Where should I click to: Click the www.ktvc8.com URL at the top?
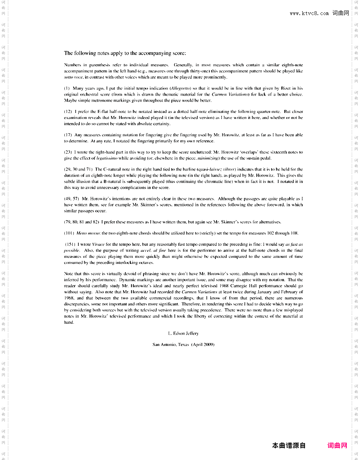point(309,14)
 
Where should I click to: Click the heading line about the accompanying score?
point(125,53)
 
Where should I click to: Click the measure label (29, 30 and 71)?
point(78,170)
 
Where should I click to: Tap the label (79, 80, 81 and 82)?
point(81,222)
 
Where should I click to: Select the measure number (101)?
point(69,233)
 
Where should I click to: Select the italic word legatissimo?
point(107,158)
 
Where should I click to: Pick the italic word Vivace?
point(98,245)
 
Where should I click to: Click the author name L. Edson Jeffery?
point(183,334)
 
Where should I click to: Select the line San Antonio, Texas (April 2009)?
point(183,344)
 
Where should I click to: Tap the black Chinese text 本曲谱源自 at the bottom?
point(289,446)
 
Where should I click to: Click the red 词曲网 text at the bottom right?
point(337,446)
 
